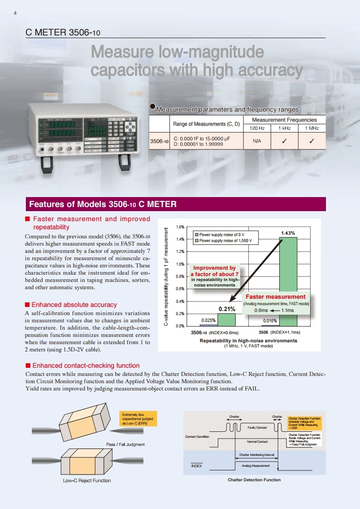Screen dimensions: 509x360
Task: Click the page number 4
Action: pos(15,13)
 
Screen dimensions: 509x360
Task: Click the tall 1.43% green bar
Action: pos(288,282)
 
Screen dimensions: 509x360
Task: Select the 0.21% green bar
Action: pos(227,320)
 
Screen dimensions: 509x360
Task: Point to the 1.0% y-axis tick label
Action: pos(179,264)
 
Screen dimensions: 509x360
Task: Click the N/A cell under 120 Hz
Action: pos(257,141)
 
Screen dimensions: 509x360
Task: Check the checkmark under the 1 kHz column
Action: pos(284,141)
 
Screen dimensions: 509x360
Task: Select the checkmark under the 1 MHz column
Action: pos(312,141)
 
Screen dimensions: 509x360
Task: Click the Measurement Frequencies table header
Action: pos(284,120)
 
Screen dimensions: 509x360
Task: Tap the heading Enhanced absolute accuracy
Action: pos(74,305)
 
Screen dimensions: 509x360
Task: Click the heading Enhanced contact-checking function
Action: pos(86,366)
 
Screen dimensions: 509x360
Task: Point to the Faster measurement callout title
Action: pos(276,297)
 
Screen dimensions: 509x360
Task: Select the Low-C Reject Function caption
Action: pos(87,480)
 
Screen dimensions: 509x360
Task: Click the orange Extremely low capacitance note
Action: pos(138,419)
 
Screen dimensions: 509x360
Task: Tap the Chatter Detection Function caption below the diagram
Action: pos(254,480)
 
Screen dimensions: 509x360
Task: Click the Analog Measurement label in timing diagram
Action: pos(256,466)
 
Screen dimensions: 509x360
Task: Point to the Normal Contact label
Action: pos(257,441)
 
